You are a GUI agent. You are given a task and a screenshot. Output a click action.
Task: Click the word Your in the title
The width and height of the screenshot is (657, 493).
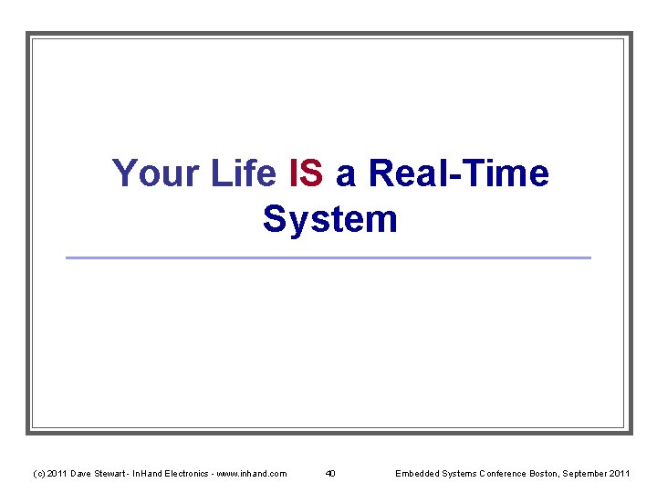point(149,173)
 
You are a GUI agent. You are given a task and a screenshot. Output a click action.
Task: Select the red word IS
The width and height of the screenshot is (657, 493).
point(306,173)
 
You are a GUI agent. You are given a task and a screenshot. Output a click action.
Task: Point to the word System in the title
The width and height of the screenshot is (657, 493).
point(329,219)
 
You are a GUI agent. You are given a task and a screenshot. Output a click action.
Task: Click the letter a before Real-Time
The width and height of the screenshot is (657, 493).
point(346,175)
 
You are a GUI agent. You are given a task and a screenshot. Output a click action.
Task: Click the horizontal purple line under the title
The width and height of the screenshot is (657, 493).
point(328,257)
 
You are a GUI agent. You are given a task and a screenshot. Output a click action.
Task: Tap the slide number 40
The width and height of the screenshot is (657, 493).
point(330,473)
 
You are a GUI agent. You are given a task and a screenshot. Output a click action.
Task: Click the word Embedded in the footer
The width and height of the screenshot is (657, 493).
point(416,473)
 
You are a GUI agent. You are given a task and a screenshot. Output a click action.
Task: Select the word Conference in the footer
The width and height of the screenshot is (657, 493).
point(497,473)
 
